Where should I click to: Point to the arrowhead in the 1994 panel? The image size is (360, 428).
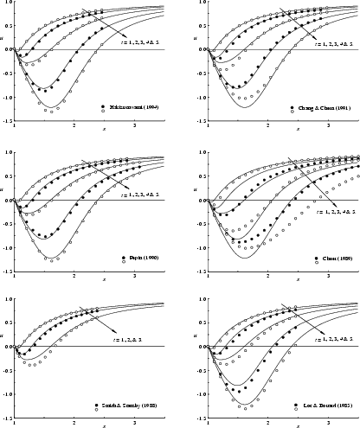pyautogui.click(x=82, y=10)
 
